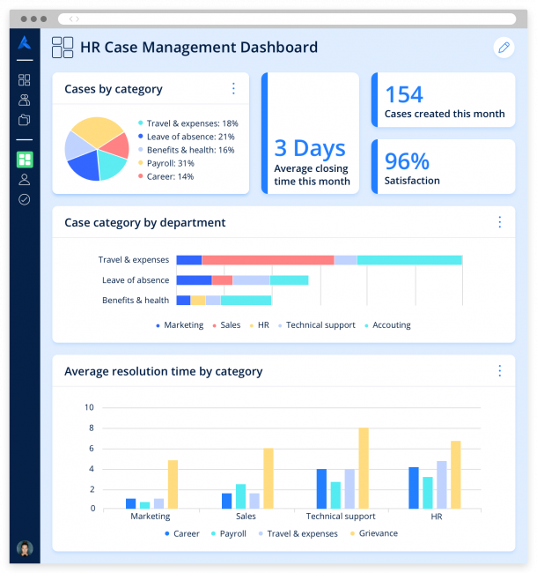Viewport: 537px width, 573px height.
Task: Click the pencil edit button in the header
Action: (x=504, y=48)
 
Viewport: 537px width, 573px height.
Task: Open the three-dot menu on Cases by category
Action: (x=233, y=88)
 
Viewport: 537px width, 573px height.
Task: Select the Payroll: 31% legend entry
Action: (x=170, y=163)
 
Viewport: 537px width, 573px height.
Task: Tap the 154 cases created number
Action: (x=404, y=94)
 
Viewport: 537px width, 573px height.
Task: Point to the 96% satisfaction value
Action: (x=407, y=161)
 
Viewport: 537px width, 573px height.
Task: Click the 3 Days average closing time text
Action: (x=310, y=148)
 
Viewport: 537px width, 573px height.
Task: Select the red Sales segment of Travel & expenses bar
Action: (x=268, y=260)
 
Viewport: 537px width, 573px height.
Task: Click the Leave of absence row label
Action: (x=135, y=280)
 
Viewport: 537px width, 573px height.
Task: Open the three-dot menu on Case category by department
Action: (x=499, y=222)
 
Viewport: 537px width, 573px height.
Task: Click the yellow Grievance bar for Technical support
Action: (x=364, y=468)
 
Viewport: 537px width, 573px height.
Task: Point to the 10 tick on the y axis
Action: (x=88, y=407)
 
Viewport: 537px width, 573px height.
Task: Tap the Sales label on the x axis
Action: (x=246, y=517)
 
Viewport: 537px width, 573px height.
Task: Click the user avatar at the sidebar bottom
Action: (x=25, y=548)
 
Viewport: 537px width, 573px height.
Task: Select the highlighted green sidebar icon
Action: (x=25, y=160)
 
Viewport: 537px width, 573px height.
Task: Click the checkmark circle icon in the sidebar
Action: (x=25, y=199)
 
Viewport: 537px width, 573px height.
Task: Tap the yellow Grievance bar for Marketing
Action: (x=173, y=484)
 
